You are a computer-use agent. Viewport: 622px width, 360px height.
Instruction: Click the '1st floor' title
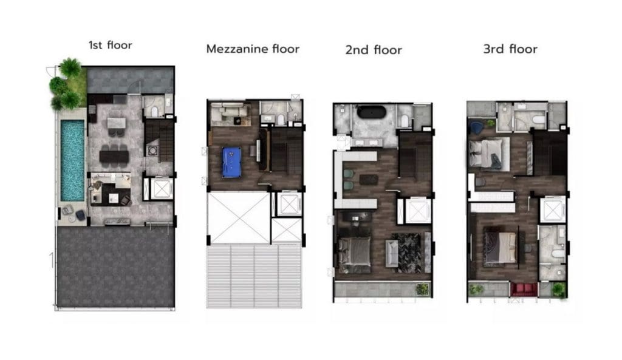111,45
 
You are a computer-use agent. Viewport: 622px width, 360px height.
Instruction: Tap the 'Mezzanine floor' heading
253,49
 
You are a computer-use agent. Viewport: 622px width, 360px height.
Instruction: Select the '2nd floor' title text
374,50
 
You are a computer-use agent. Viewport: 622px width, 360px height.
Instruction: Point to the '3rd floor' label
510,49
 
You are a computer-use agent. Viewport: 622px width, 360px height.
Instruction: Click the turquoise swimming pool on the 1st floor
72,160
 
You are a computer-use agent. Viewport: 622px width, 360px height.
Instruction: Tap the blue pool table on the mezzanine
231,163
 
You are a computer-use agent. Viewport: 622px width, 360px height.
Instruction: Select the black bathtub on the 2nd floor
371,112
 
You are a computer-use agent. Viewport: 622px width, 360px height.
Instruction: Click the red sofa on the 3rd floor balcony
523,289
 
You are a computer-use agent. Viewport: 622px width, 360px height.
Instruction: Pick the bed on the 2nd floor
354,255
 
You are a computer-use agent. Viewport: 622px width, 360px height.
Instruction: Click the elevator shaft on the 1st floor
162,189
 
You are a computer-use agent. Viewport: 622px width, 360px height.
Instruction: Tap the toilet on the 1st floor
154,112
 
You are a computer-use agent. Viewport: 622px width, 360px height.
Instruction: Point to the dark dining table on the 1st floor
114,157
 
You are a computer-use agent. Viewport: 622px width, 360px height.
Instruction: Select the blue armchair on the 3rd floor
476,127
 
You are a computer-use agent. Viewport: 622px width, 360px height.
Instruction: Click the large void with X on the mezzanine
239,218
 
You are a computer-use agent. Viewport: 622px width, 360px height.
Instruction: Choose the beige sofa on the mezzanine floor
230,112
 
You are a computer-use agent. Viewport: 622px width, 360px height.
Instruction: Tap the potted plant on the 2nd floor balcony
422,289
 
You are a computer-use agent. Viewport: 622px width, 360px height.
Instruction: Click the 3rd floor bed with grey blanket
489,154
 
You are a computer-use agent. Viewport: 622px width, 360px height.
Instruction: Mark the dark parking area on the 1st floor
115,267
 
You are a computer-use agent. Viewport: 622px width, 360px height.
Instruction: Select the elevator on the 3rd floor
553,209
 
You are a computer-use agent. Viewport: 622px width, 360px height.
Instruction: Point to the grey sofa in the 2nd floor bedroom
392,253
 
